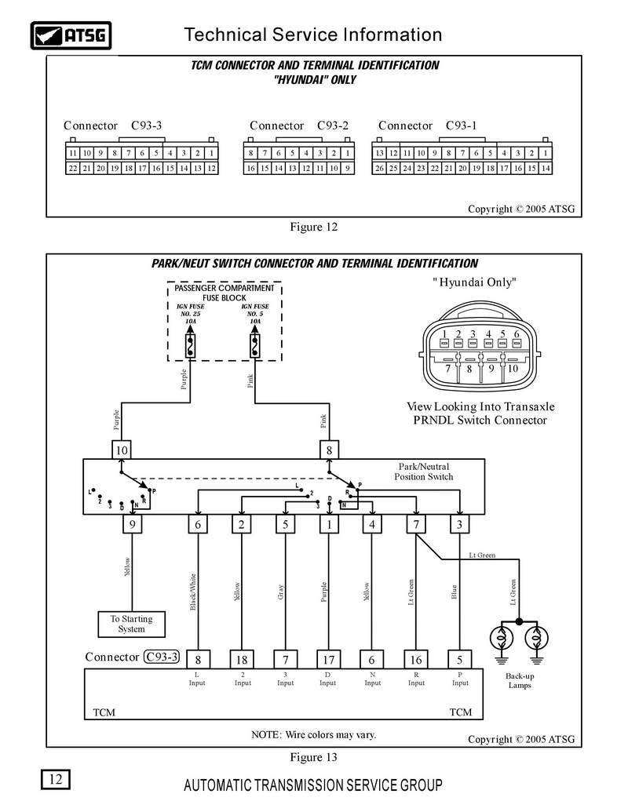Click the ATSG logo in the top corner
71,35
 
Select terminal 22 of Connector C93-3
72,168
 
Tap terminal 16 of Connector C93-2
250,168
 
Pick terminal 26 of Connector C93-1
379,168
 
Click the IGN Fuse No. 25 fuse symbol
191,346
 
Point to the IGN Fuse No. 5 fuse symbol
255,346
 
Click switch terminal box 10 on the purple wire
122,450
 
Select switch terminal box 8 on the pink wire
329,450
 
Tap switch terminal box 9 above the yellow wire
132,524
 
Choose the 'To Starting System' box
132,624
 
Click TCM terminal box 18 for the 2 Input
242,660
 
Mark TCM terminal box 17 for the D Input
328,660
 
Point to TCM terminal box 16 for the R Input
416,660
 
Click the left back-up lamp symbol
502,639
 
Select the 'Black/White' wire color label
193,592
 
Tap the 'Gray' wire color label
281,592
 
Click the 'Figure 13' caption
313,757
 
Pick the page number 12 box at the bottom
56,779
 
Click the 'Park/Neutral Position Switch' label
424,472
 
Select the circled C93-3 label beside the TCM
162,657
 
